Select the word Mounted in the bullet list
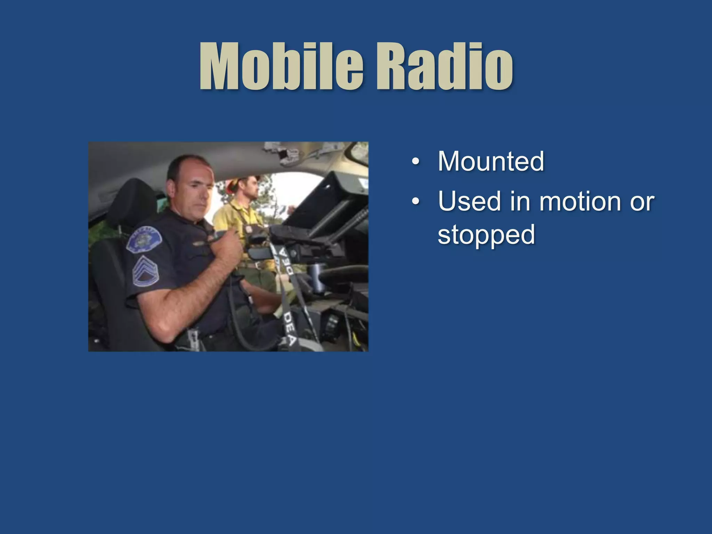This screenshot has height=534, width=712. (491, 161)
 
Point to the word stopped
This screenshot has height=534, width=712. (486, 235)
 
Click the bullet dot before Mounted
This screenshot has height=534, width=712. (415, 162)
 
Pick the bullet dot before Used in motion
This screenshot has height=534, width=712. (415, 202)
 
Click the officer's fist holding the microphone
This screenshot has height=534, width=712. (226, 243)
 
